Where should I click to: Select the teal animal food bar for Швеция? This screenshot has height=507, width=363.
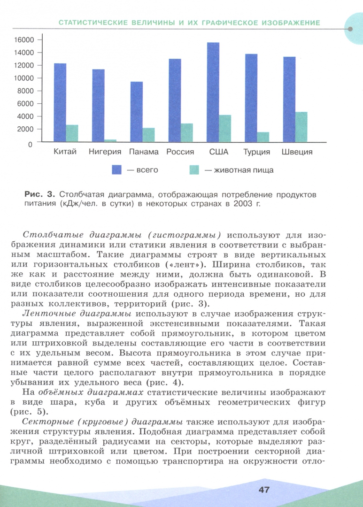pyautogui.click(x=301, y=126)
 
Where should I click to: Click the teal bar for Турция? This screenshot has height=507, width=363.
pyautogui.click(x=263, y=137)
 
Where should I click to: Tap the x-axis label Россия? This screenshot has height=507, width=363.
pyautogui.click(x=180, y=152)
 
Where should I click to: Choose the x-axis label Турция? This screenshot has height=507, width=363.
pyautogui.click(x=257, y=152)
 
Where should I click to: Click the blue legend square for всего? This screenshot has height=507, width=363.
pyautogui.click(x=116, y=170)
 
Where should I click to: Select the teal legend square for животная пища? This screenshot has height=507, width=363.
pyautogui.click(x=194, y=170)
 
